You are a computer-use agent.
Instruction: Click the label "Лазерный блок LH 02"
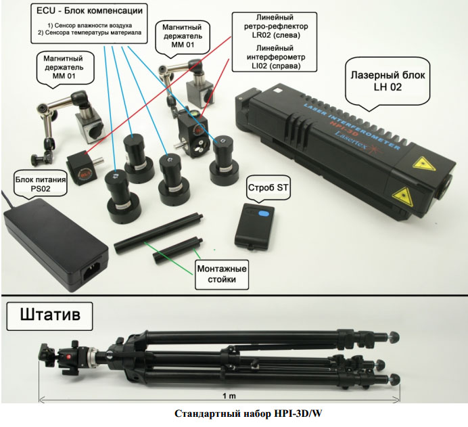click(x=388, y=81)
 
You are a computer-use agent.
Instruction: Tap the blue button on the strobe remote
click(x=264, y=214)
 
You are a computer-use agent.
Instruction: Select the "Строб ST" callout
click(x=268, y=188)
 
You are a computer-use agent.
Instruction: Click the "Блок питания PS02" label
click(x=41, y=184)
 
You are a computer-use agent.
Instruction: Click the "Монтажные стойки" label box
click(x=222, y=274)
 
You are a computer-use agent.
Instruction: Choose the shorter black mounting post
click(x=178, y=250)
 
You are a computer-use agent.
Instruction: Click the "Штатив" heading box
click(x=49, y=316)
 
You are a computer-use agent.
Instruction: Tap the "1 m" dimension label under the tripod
click(x=229, y=396)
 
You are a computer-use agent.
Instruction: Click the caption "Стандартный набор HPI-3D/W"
click(x=248, y=413)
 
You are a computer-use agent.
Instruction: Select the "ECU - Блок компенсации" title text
click(x=89, y=11)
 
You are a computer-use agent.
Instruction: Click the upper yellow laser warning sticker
click(x=423, y=164)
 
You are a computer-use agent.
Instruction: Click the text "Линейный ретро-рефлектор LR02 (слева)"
click(x=276, y=26)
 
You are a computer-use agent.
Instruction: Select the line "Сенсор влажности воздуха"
click(x=89, y=26)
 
